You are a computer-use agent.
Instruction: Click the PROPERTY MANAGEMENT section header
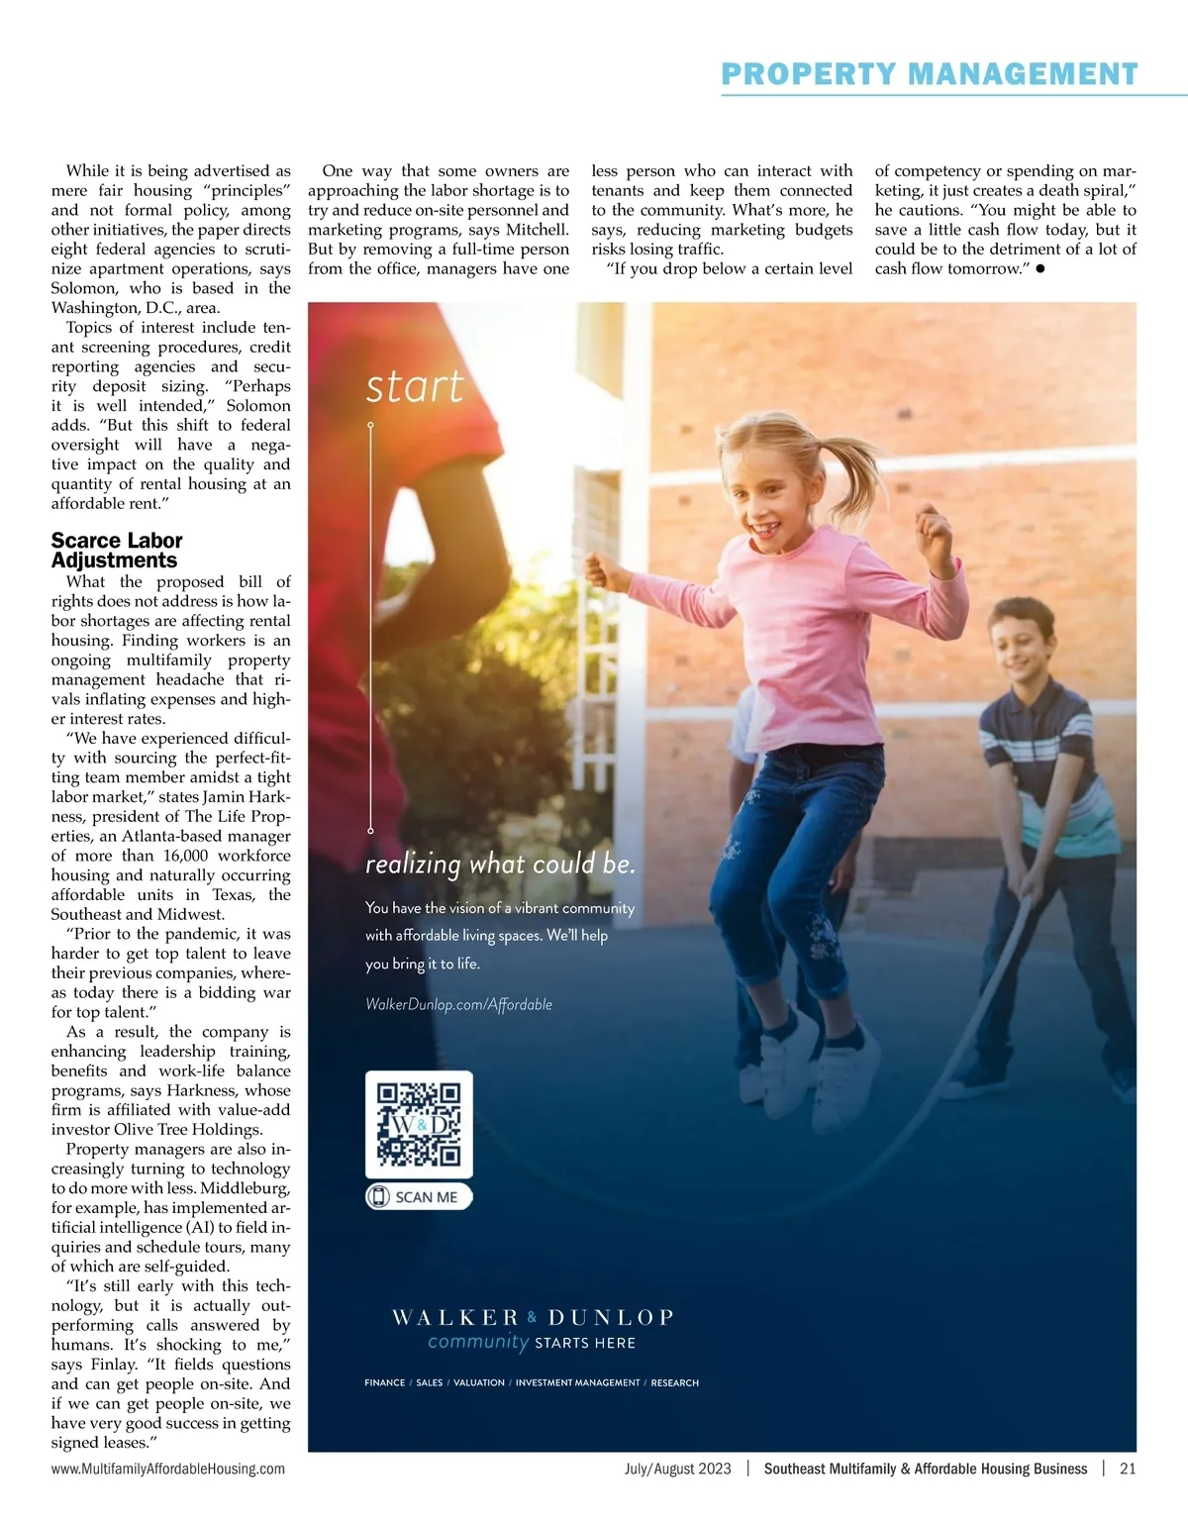929,74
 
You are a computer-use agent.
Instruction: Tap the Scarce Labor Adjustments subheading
117,550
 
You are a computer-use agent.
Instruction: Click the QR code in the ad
419,1124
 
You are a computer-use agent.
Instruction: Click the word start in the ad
414,386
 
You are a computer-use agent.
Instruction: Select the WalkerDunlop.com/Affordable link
458,1004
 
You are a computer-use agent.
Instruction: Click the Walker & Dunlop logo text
533,1317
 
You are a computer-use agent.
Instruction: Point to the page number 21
1128,1469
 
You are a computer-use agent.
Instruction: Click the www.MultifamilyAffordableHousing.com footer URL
168,1469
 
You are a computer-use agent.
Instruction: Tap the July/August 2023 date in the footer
677,1469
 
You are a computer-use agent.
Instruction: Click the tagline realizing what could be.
500,865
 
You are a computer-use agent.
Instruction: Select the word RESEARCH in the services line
675,1382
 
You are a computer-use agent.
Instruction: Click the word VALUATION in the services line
479,1382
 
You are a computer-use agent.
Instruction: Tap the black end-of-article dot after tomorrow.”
1040,269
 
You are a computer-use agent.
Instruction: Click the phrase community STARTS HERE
532,1343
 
